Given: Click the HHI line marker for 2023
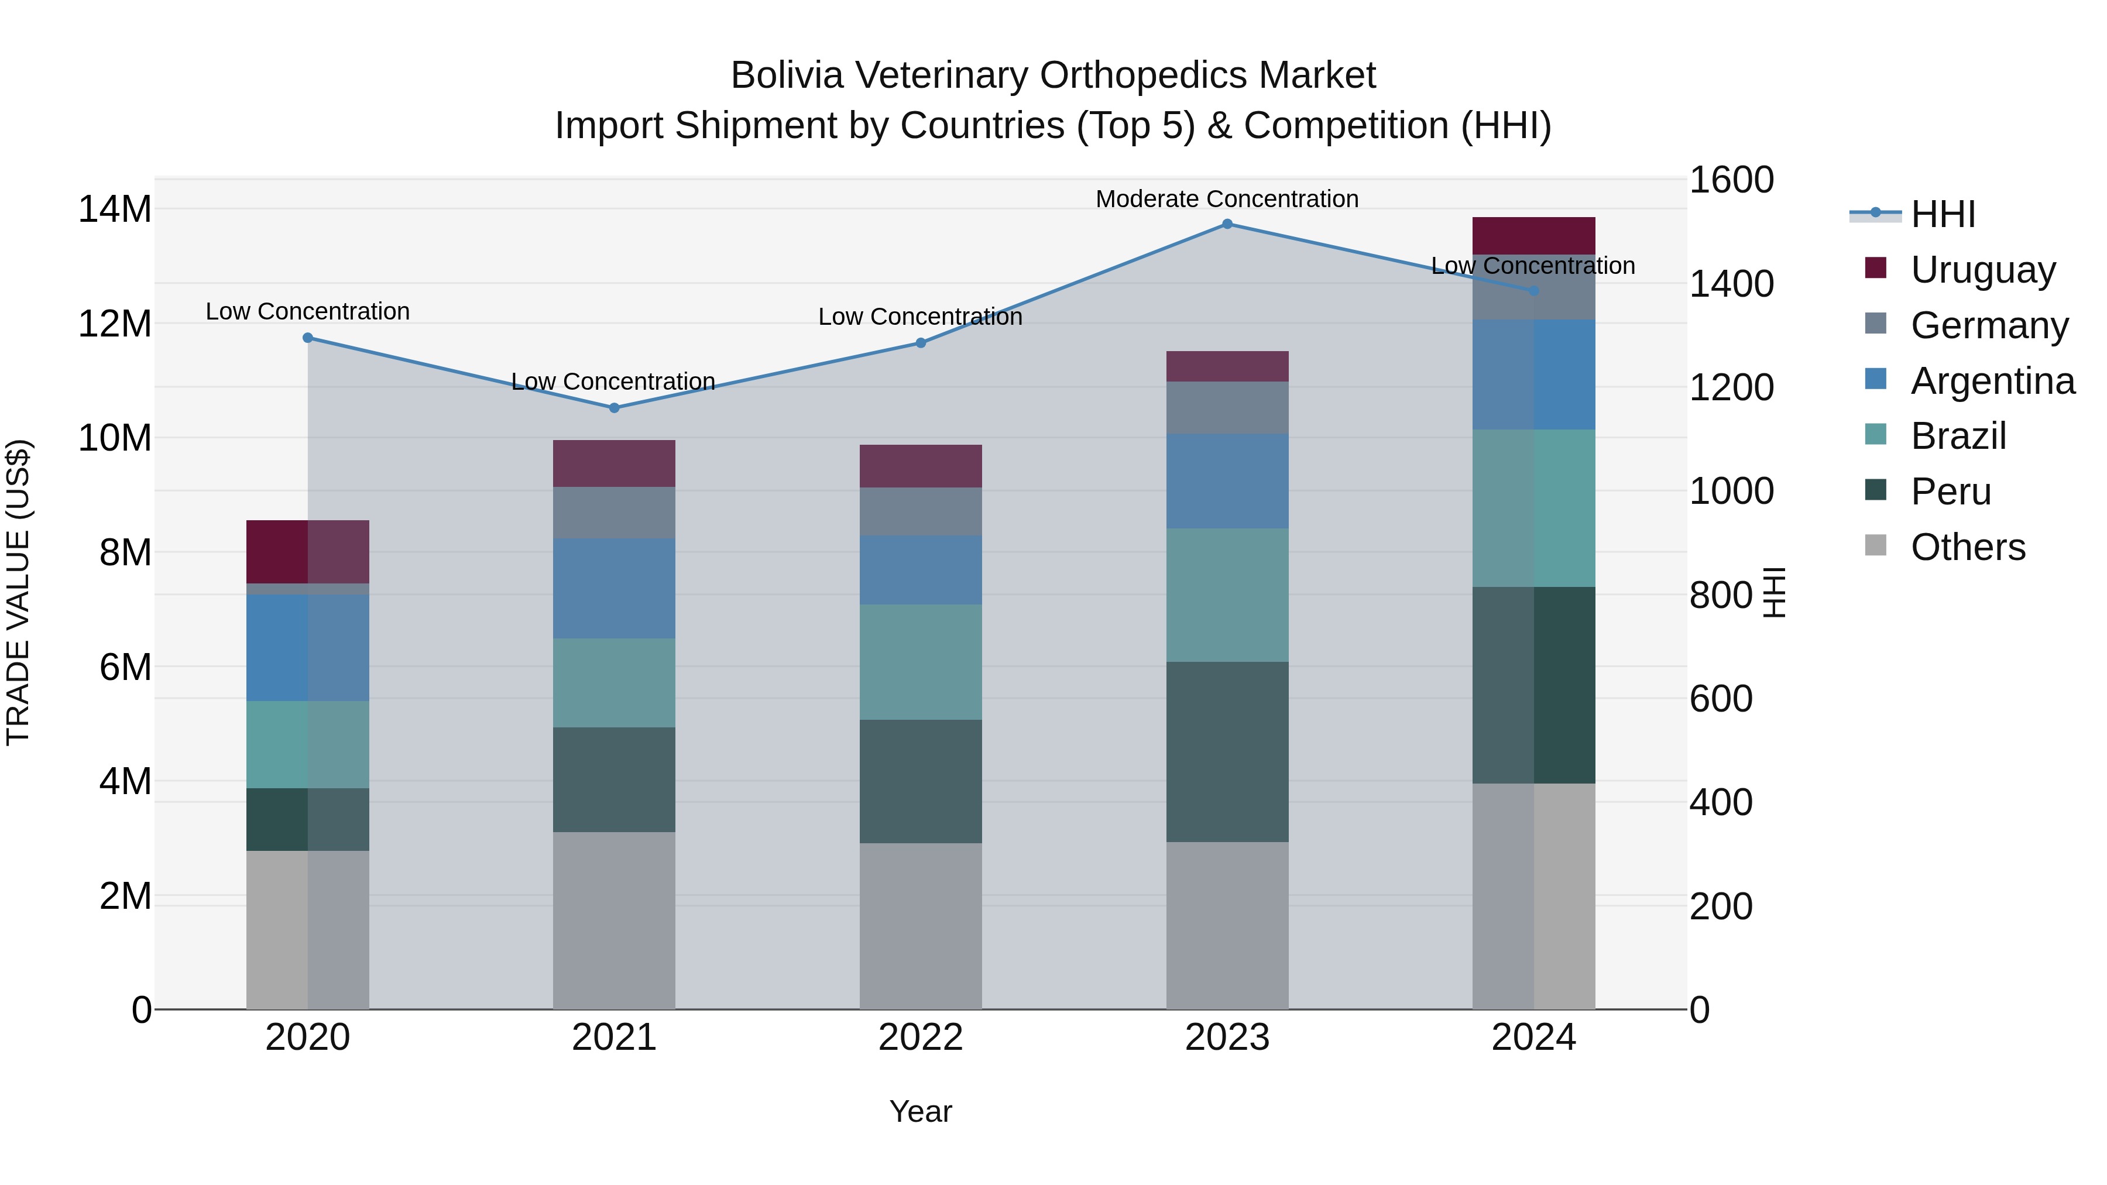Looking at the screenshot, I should (x=1227, y=224).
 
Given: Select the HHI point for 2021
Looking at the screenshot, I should (x=615, y=408).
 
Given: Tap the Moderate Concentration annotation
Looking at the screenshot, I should (x=1227, y=199).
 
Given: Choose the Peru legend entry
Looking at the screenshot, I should (x=1950, y=492).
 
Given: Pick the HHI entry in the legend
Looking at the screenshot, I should (x=1943, y=214).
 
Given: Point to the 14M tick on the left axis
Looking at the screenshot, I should (x=115, y=209).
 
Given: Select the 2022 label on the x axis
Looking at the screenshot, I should (x=920, y=1038).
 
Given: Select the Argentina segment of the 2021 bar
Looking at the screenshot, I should (x=615, y=588).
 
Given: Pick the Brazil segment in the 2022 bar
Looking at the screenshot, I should (x=920, y=662).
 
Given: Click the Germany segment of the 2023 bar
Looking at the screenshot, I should (x=1227, y=407).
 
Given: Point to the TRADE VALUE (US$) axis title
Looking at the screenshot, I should (x=18, y=592).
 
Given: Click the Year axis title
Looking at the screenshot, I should (x=920, y=1111).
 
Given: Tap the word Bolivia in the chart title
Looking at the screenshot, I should (x=785, y=75).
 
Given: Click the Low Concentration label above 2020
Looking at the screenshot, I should (x=307, y=311).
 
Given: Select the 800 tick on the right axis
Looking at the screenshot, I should (x=1721, y=595).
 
